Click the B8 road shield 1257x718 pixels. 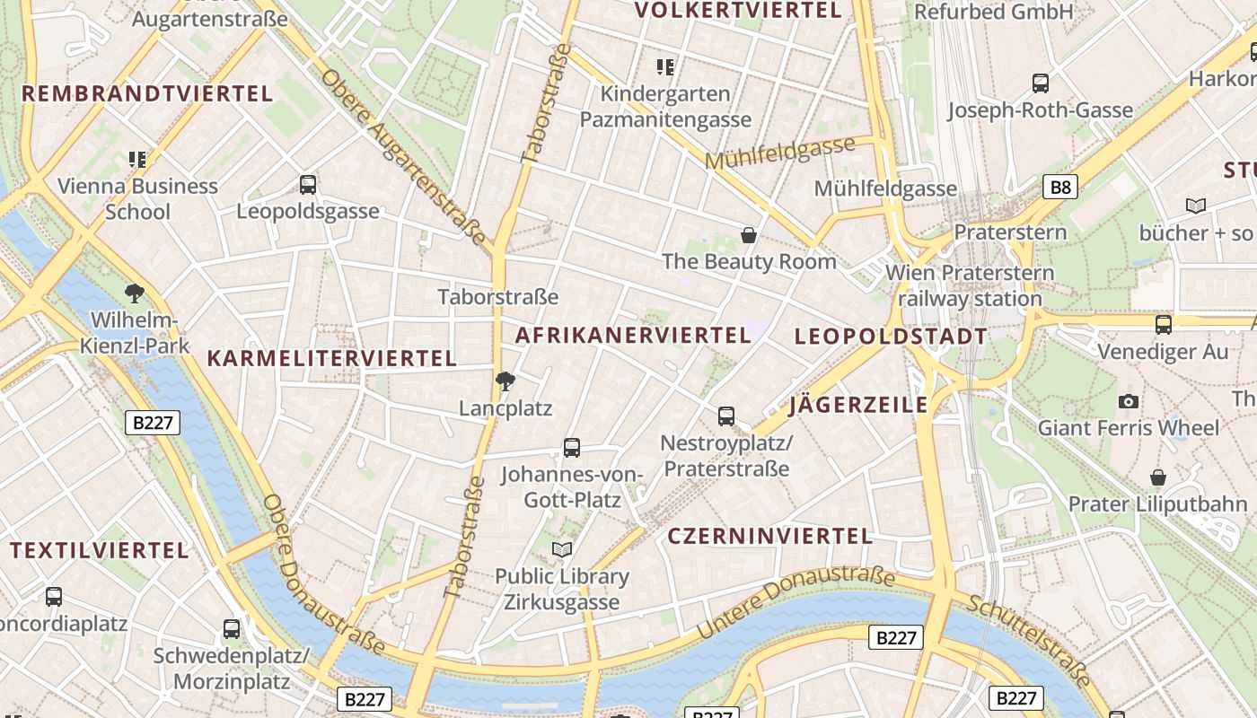1060,187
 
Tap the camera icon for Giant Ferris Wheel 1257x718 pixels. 1129,401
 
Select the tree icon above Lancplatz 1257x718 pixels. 505,381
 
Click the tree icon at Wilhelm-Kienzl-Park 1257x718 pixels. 135,293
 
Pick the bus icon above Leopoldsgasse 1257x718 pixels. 308,185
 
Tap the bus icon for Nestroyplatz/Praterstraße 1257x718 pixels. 725,416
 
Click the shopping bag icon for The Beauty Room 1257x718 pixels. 748,235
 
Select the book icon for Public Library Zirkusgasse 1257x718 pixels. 562,549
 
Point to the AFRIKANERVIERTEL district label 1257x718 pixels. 633,336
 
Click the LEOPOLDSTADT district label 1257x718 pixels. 891,337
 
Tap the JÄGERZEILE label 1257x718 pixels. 858,406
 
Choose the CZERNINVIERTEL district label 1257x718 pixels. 769,537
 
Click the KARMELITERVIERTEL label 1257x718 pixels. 332,359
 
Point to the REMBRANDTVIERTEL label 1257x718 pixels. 147,94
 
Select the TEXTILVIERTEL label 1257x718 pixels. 100,550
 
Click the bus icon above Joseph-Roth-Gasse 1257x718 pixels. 1041,83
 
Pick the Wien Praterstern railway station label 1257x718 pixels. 970,285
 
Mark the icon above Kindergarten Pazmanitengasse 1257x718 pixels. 665,66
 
